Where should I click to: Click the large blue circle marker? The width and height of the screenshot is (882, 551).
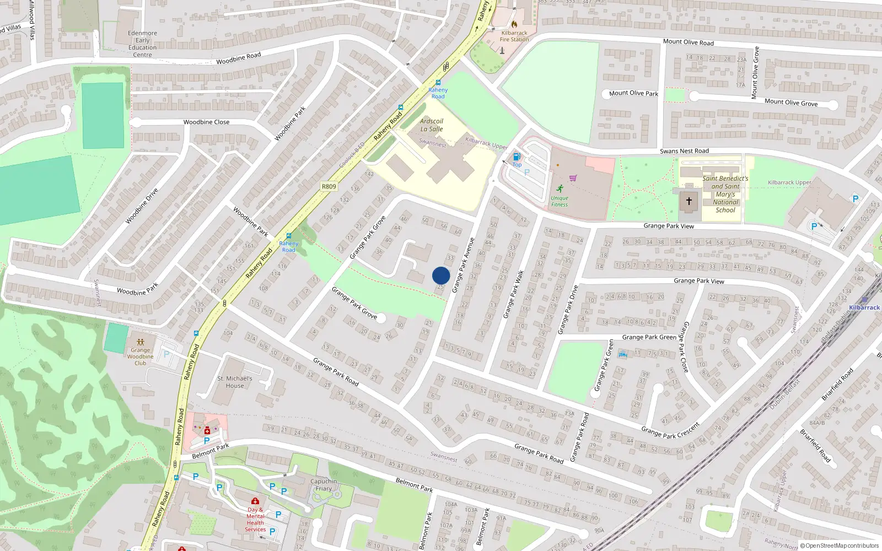[441, 275]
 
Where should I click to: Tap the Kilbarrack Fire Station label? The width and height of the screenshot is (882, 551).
[514, 36]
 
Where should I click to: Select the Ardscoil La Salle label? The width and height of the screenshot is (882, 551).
[432, 125]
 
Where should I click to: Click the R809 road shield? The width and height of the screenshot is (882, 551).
[329, 187]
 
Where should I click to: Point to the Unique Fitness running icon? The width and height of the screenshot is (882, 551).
[560, 188]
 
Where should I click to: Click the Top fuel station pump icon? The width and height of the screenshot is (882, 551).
[517, 157]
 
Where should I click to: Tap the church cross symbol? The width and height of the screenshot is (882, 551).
[689, 202]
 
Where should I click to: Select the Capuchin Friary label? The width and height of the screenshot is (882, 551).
[324, 485]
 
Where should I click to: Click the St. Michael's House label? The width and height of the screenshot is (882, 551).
[235, 382]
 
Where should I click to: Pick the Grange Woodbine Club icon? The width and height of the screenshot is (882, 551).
[141, 342]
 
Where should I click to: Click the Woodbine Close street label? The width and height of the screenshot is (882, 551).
[206, 122]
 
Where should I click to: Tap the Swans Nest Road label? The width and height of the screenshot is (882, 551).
[684, 151]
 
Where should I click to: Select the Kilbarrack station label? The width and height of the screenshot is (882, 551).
[864, 307]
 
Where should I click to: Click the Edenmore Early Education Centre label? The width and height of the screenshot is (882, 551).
[142, 44]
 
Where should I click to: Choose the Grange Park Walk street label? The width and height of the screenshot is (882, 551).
[513, 294]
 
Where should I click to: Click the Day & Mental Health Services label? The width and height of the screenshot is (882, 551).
[255, 520]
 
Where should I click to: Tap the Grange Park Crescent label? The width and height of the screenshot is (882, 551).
[670, 430]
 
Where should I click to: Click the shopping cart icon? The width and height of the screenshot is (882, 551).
[573, 178]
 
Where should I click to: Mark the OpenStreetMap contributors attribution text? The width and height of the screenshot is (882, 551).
[840, 546]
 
